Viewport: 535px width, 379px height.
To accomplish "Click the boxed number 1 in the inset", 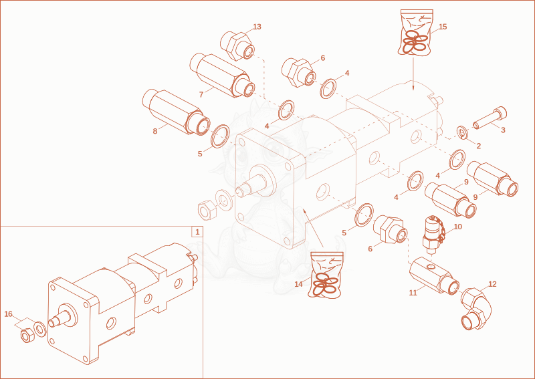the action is coord(197,232).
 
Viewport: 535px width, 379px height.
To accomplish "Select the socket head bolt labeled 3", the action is coord(490,118).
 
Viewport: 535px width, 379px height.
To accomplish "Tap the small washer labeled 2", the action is coord(463,132).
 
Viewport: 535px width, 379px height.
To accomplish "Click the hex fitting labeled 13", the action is coord(237,46).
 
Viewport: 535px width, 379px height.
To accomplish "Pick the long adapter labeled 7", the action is coord(222,75).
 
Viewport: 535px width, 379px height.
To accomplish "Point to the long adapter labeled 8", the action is coord(177,112).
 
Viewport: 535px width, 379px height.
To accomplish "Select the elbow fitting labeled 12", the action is coord(476,309).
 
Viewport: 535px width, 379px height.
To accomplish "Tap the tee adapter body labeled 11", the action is coord(434,276).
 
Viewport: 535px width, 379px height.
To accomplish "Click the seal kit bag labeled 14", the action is coord(326,275).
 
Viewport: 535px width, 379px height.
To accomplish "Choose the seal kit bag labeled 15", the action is coord(415,31).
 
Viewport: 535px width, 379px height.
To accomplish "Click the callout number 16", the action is coord(8,314).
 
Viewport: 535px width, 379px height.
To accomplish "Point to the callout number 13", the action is coord(257,27).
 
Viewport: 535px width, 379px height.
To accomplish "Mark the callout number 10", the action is coord(457,227).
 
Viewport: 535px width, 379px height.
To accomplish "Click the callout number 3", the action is coord(503,130).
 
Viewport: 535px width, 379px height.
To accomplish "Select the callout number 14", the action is coord(298,284).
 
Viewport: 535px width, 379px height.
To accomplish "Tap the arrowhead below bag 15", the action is coord(413,88).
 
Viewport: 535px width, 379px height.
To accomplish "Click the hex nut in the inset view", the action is coord(26,336).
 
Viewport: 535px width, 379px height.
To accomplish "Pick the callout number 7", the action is coord(201,94).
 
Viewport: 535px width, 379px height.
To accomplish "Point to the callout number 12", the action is coord(492,284).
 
